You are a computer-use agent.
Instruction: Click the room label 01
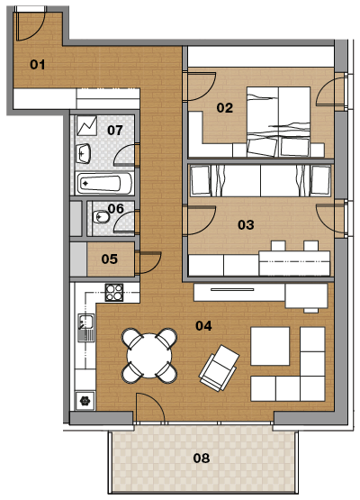click(x=37, y=65)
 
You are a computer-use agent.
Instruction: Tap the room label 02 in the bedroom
click(x=225, y=108)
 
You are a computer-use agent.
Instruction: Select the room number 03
click(x=246, y=225)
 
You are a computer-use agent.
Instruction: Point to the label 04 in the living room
click(x=203, y=325)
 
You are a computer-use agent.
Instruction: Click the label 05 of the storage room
click(x=109, y=259)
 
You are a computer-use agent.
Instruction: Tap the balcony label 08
click(x=202, y=459)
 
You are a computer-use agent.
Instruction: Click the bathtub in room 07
click(x=104, y=184)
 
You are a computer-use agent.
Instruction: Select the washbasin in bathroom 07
click(x=84, y=153)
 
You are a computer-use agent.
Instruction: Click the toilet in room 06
click(x=100, y=217)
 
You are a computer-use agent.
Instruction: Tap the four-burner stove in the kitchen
click(x=114, y=293)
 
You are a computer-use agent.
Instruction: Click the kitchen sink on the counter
click(x=86, y=328)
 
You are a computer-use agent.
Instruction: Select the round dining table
click(x=149, y=356)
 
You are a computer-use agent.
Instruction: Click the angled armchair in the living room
click(x=220, y=368)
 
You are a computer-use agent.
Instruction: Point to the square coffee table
click(x=270, y=346)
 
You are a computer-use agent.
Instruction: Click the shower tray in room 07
click(x=86, y=125)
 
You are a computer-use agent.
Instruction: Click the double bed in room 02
click(x=278, y=122)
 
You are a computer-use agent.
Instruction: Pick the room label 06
click(x=115, y=209)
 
